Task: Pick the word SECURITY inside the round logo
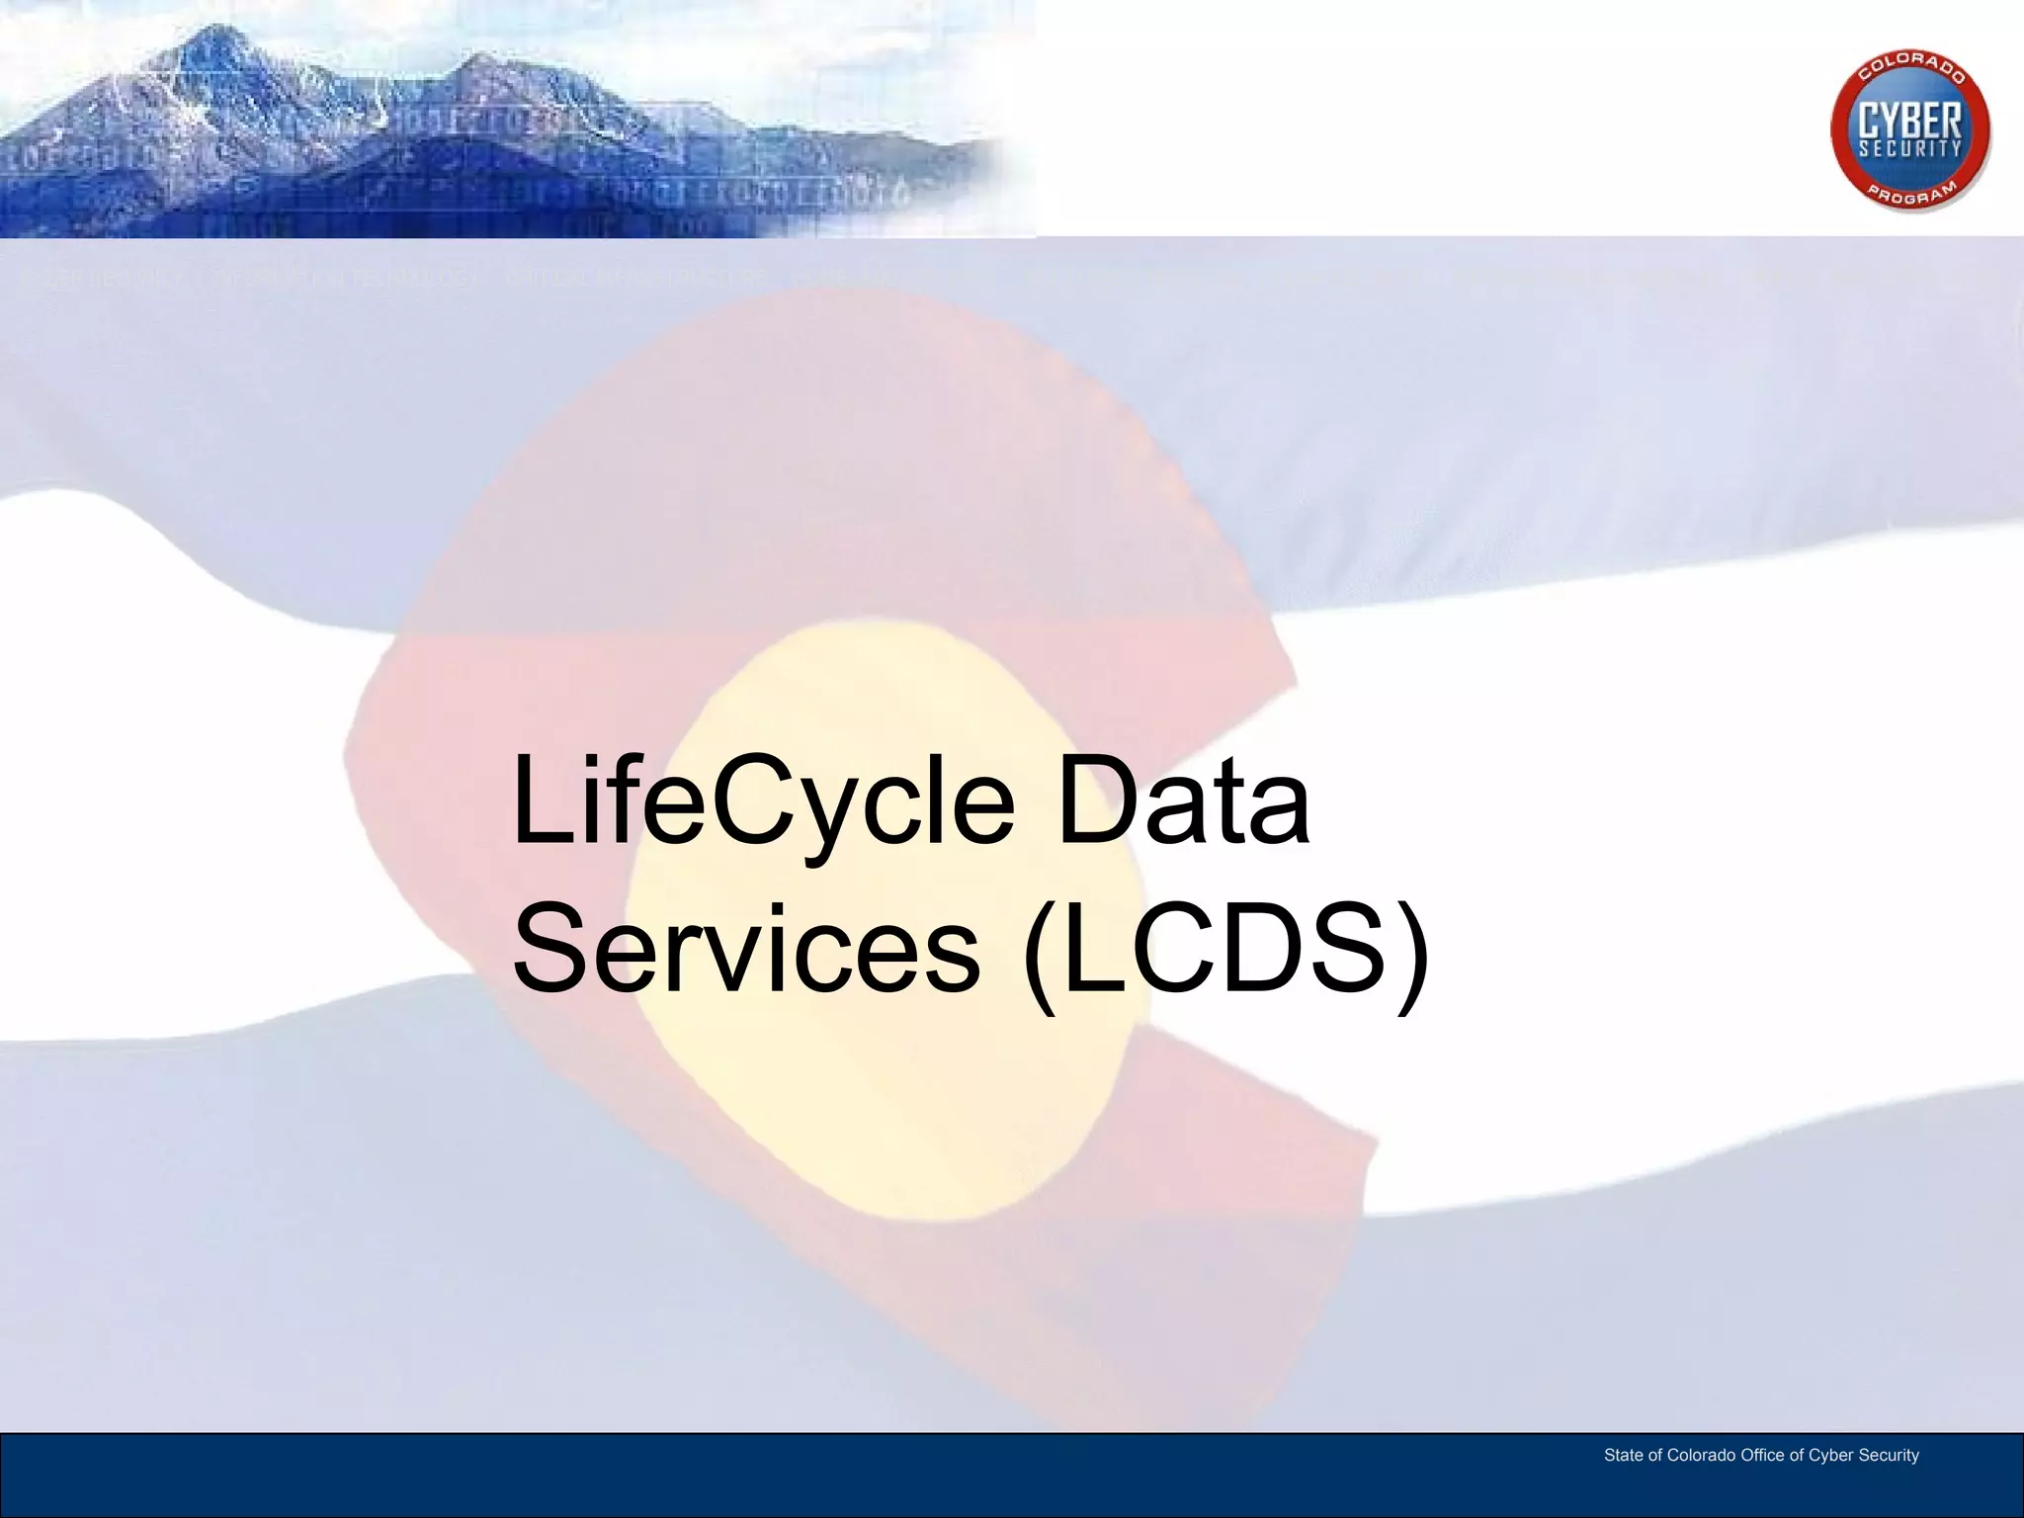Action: pos(1909,149)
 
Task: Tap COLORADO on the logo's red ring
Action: pos(1911,71)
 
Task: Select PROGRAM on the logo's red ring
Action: pos(1911,191)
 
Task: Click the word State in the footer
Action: pos(1623,1456)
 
